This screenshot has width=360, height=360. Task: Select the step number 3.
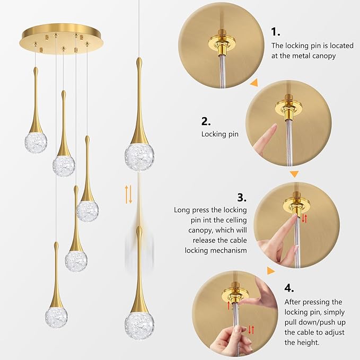pos(241,198)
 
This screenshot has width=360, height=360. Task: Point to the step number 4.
pos(289,288)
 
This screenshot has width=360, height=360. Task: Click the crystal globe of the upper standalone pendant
pos(139,154)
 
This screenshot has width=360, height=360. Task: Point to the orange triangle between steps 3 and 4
pos(271,271)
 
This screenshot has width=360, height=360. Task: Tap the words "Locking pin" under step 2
pos(219,134)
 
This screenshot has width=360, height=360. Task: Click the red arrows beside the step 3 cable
pos(304,218)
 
